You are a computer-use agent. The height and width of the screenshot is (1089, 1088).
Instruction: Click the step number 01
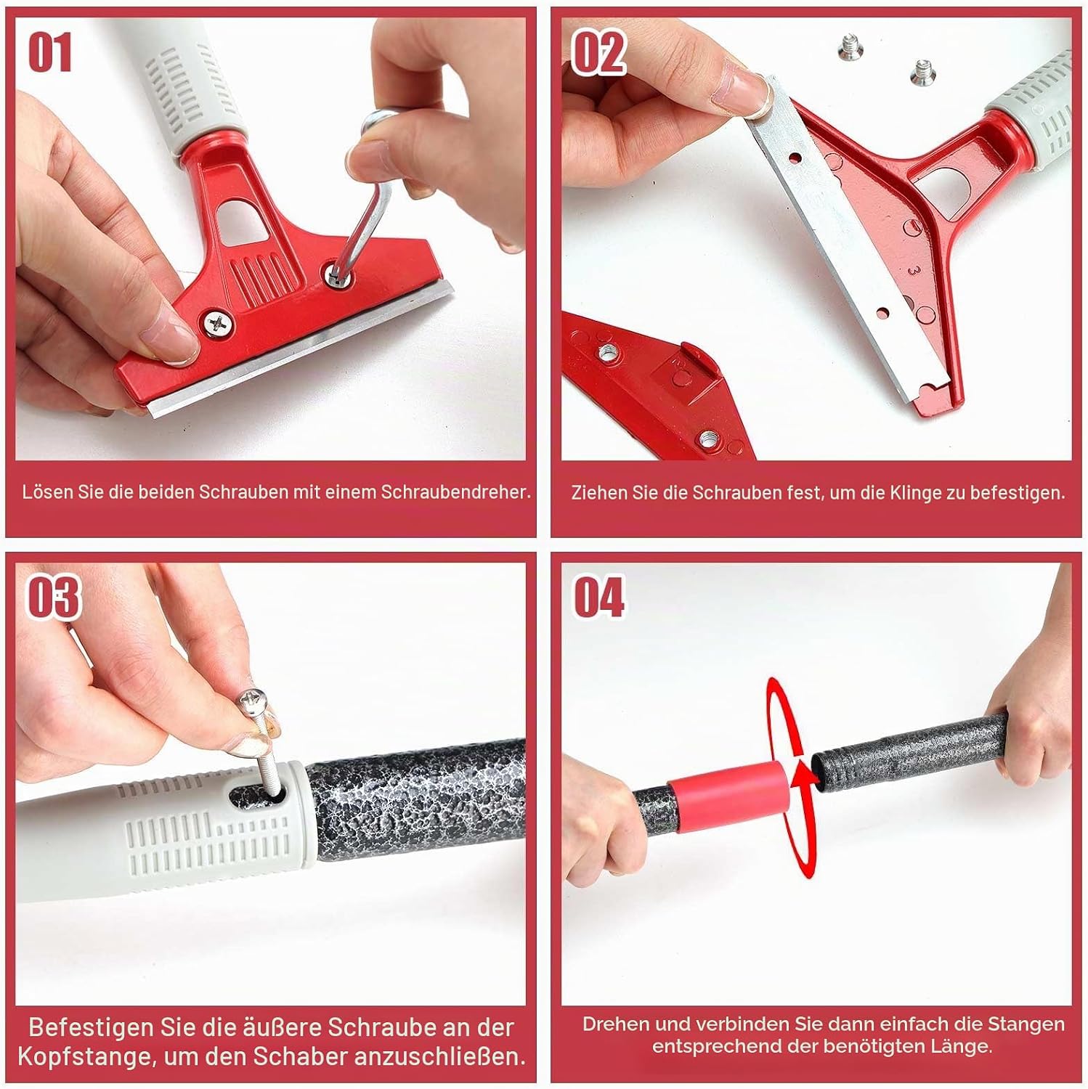(x=50, y=52)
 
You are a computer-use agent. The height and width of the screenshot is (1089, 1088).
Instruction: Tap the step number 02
(x=598, y=52)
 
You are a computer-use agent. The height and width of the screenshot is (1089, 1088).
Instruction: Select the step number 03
(x=53, y=597)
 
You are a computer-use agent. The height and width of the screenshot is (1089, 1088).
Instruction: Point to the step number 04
(x=599, y=597)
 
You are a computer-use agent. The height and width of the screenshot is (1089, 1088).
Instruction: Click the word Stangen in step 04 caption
(x=1026, y=1024)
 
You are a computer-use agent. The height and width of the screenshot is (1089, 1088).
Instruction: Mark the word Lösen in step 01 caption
(x=47, y=492)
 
